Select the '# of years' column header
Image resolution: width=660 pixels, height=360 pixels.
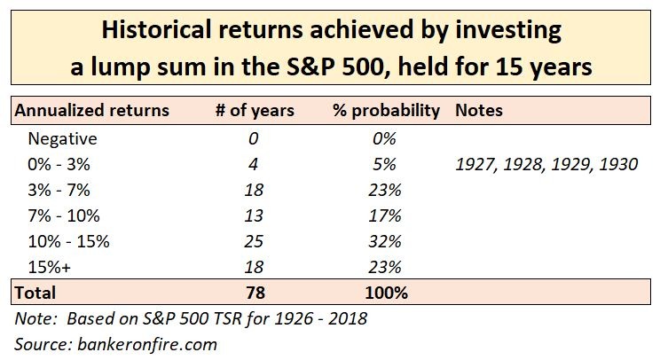(x=255, y=111)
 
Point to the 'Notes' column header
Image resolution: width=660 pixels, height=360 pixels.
(x=478, y=111)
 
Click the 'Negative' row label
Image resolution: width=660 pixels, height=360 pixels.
(x=61, y=138)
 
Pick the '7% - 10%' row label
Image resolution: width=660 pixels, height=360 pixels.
(x=65, y=215)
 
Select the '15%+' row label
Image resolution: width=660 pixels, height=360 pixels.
(x=51, y=267)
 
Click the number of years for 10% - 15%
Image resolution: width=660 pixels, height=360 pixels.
(x=255, y=241)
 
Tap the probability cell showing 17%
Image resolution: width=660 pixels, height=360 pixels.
(x=383, y=215)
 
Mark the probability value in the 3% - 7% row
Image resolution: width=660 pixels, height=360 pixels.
(x=383, y=190)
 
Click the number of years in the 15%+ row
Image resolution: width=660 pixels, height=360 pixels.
(x=255, y=267)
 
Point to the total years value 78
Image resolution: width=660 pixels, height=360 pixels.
(x=255, y=293)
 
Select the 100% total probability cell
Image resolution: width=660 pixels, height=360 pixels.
(x=383, y=293)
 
